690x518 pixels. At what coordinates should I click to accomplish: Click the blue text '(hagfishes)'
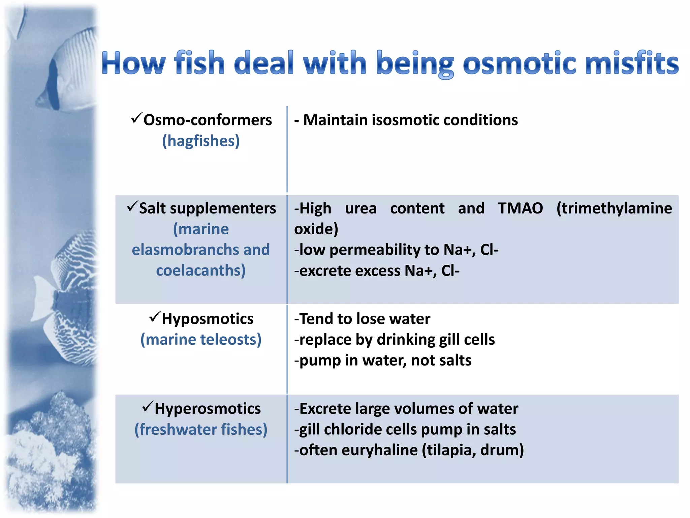[x=201, y=141]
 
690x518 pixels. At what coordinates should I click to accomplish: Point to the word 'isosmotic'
[x=405, y=120]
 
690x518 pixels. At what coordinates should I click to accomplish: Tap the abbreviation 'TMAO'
[x=520, y=208]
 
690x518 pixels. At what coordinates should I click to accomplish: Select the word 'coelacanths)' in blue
[x=201, y=270]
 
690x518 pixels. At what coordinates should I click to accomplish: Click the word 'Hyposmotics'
[x=208, y=319]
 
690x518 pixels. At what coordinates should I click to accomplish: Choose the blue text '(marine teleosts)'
[x=201, y=340]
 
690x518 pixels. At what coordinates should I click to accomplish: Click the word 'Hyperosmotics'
[x=208, y=409]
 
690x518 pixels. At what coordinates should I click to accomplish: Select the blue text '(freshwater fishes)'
[x=201, y=430]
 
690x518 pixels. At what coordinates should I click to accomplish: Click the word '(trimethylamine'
[x=614, y=208]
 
